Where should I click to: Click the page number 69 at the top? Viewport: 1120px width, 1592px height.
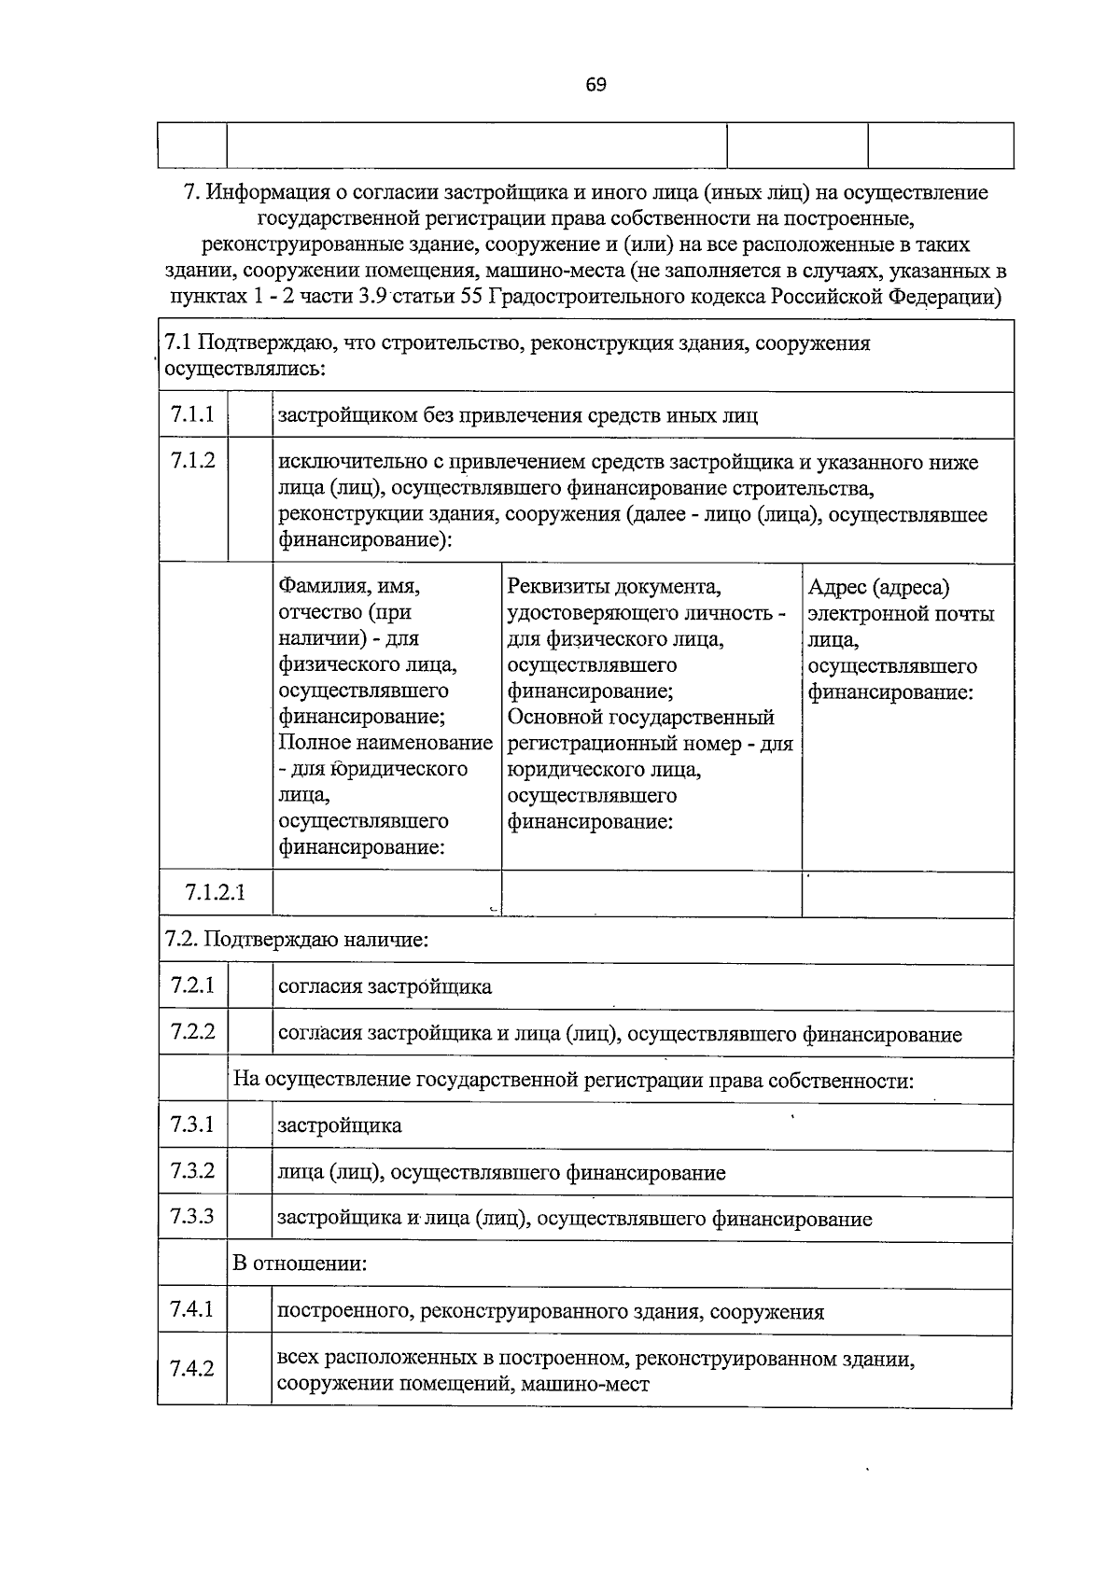(596, 85)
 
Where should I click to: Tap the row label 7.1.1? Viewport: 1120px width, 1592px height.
(192, 414)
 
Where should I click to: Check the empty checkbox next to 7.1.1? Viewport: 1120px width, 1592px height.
(249, 415)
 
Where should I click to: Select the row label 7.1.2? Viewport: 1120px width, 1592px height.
(192, 460)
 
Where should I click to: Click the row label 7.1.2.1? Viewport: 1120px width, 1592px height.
(216, 893)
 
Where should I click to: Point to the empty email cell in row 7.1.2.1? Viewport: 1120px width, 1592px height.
(907, 894)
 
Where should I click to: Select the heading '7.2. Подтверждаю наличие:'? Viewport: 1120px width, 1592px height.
(297, 940)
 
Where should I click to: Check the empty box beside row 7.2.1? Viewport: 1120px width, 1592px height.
(249, 987)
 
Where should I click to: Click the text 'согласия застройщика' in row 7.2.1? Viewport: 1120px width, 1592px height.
(385, 987)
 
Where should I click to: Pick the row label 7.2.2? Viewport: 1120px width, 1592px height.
(192, 1032)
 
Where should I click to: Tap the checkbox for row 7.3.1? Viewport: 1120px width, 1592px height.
(249, 1126)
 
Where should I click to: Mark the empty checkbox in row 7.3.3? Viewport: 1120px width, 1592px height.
(249, 1218)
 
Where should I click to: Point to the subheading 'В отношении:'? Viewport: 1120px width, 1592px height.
(300, 1264)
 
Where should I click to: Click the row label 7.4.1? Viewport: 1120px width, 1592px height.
(192, 1310)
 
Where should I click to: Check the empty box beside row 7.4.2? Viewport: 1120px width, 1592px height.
(249, 1370)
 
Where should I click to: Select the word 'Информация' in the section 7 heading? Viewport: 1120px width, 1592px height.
(263, 193)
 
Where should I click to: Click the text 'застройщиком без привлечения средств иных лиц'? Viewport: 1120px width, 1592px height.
(518, 415)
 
